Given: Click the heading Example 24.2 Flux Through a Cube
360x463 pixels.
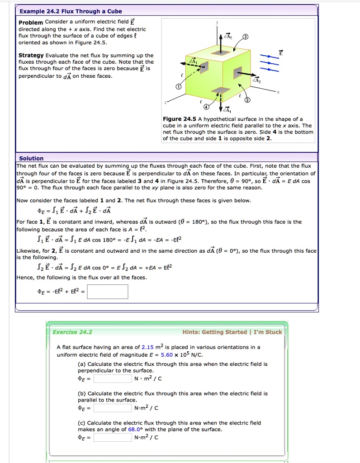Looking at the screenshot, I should click(70, 11).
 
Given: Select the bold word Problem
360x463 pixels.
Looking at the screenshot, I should click(31, 23).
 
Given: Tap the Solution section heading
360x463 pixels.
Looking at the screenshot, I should click(31, 158).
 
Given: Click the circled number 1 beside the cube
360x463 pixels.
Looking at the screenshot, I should click(178, 87).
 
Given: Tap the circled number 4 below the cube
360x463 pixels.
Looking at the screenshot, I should click(207, 107).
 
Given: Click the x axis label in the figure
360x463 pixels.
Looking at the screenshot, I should click(278, 91).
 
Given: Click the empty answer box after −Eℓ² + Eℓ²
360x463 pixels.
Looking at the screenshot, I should click(108, 292).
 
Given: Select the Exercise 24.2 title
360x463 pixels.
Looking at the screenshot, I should click(72, 332).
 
